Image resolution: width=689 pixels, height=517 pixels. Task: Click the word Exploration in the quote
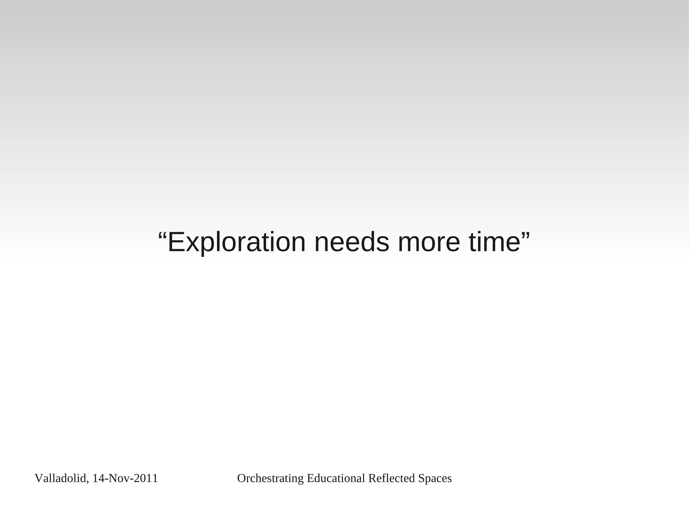[237, 242]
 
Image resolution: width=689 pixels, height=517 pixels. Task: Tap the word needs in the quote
[352, 242]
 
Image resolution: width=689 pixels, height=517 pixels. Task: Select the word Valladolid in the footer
[61, 478]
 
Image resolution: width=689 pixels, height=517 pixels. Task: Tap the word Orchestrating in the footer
[270, 478]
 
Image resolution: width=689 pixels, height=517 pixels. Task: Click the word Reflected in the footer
[392, 478]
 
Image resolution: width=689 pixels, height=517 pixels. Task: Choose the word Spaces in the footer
[435, 478]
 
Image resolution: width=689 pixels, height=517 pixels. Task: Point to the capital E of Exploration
[175, 242]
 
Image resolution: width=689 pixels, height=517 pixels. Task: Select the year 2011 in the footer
[146, 478]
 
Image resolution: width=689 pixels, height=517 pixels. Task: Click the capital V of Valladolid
[38, 478]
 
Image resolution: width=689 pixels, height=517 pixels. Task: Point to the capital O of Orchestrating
[242, 478]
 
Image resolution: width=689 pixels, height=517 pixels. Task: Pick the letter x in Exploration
[191, 244]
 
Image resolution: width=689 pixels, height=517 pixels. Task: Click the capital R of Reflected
[372, 478]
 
